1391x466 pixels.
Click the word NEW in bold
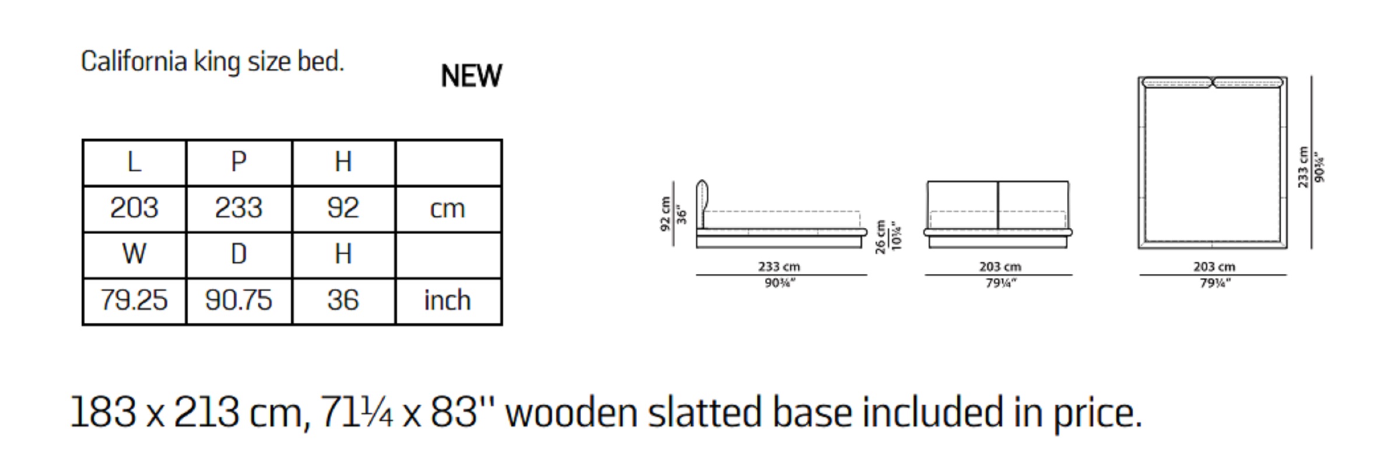click(471, 76)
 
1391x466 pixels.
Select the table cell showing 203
click(134, 209)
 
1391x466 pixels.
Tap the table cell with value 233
click(239, 209)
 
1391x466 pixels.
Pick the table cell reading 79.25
click(134, 301)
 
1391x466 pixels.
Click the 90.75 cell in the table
click(239, 301)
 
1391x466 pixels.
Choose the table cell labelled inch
click(448, 301)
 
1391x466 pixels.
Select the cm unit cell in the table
click(448, 209)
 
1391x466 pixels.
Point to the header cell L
click(134, 162)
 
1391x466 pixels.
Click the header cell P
click(239, 162)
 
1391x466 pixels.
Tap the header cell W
click(134, 255)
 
